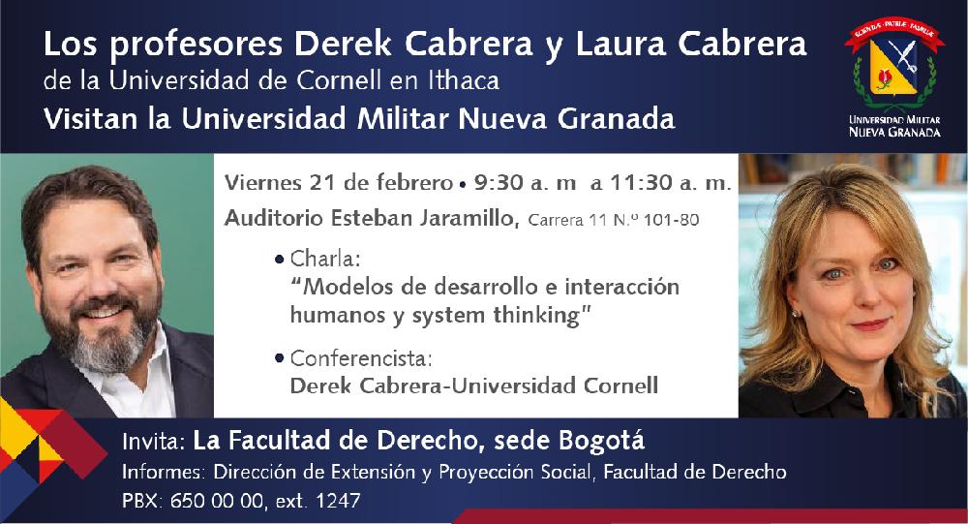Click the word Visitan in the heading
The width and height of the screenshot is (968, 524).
(91, 118)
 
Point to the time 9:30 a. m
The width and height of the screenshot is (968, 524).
(525, 183)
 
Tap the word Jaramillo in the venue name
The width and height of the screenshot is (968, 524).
(468, 218)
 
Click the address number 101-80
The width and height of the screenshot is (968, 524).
(671, 220)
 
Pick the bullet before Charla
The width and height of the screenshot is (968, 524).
(280, 259)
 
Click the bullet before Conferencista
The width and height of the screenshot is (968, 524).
(280, 357)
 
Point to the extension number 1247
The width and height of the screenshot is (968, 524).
(338, 501)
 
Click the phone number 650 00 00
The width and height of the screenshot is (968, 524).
(217, 501)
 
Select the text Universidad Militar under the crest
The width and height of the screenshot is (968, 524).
(894, 120)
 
